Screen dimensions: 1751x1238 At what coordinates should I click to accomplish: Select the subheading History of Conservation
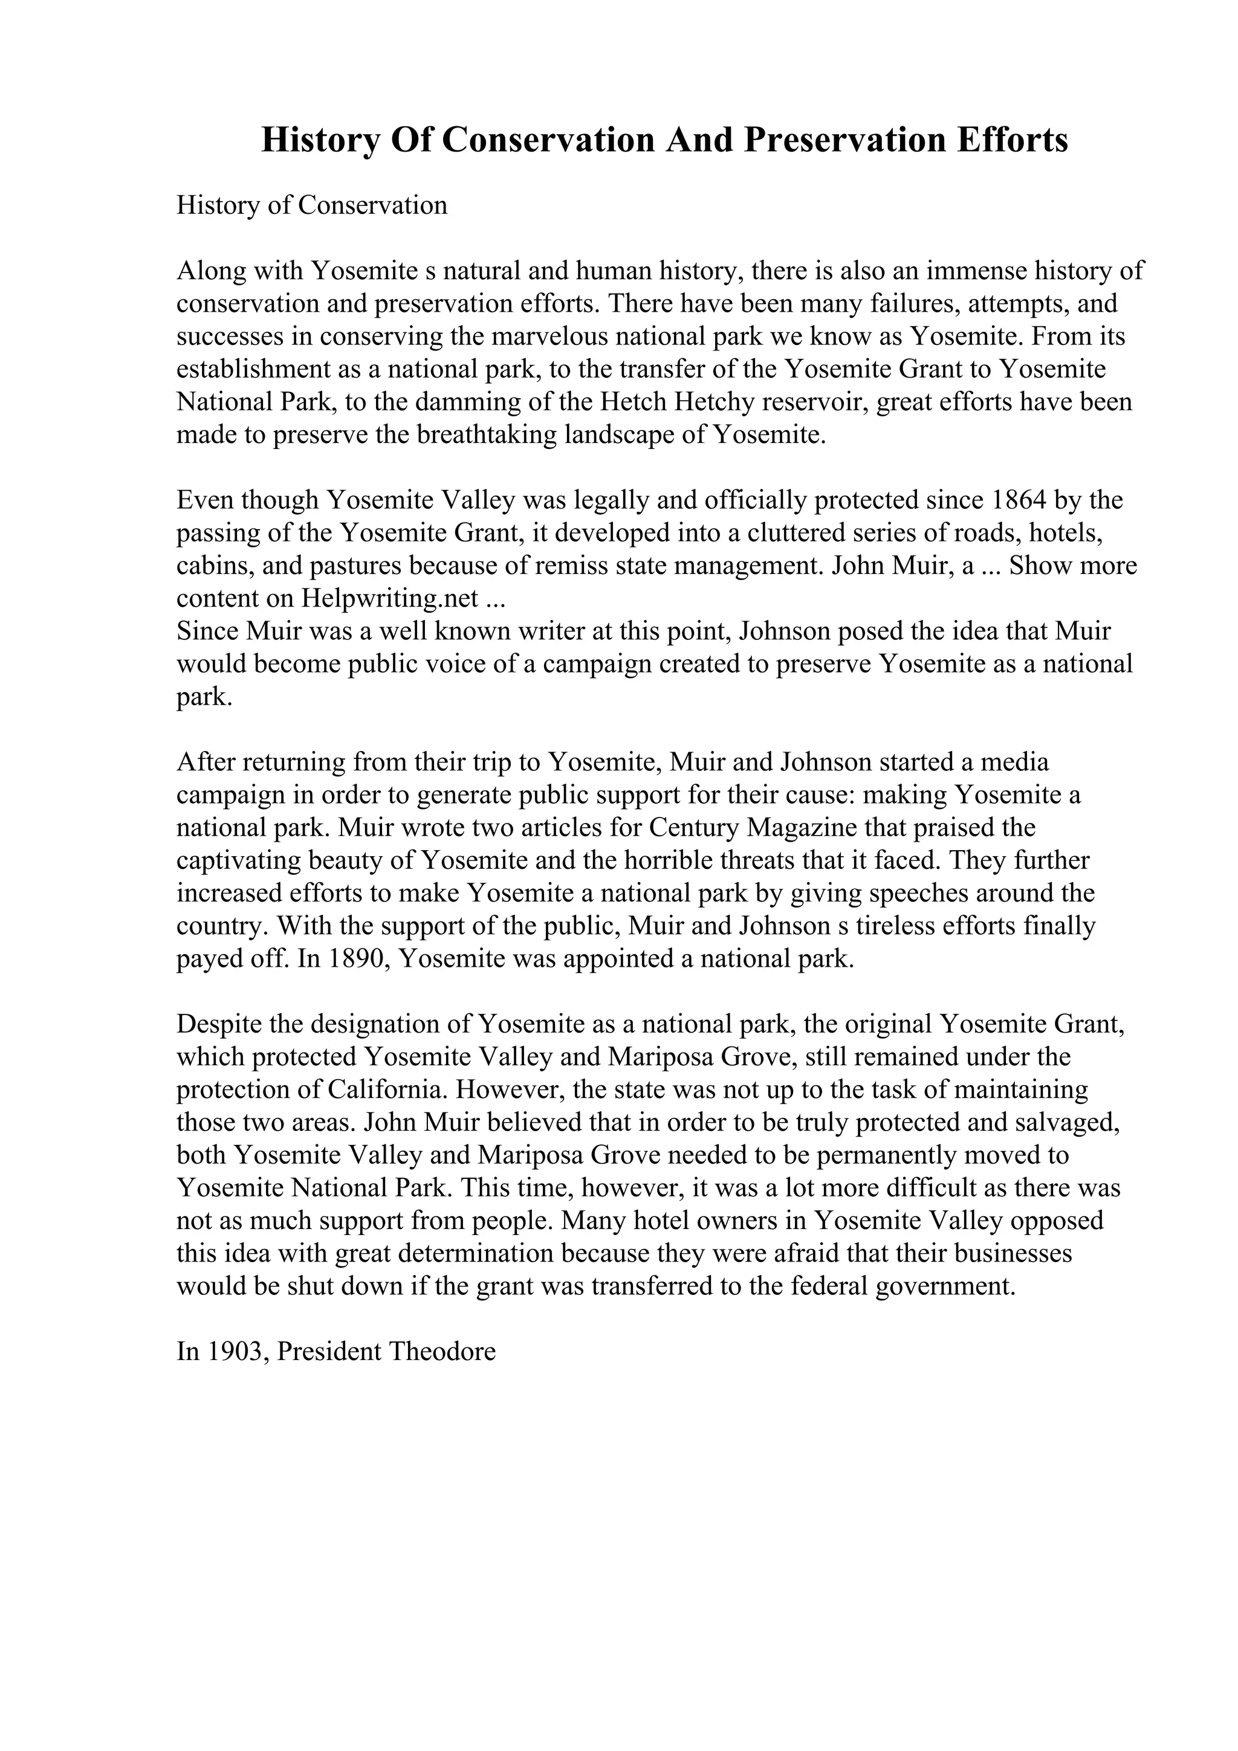point(311,205)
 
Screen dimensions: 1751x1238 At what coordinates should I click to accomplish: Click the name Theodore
point(442,1352)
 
